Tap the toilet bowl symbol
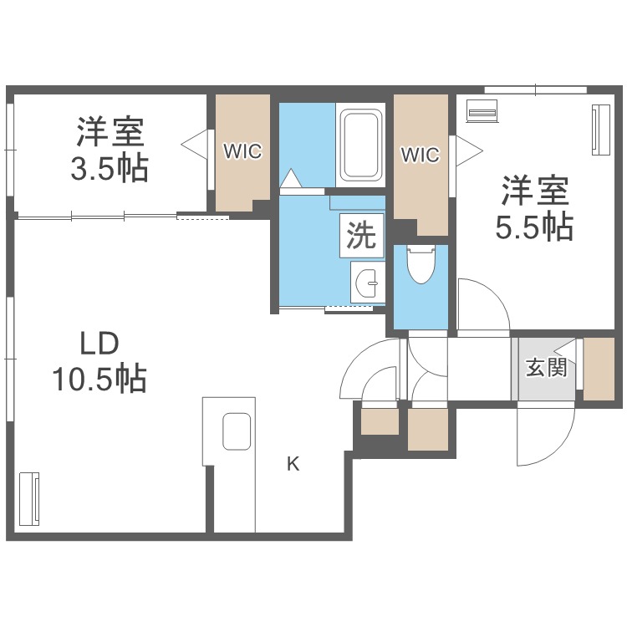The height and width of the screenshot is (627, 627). coord(421,265)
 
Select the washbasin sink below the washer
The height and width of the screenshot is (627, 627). coord(368,283)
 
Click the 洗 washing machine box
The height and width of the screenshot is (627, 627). coord(361,235)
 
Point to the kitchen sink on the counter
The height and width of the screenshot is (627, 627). coord(237,431)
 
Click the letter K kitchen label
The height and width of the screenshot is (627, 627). coord(293,464)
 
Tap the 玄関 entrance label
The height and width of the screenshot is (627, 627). coord(546,367)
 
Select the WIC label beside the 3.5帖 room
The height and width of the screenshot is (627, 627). coord(242,151)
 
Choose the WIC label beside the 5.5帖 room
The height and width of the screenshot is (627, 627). coord(421,155)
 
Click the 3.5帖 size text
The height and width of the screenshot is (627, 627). coord(110,169)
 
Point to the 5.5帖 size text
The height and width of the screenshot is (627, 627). coord(535,227)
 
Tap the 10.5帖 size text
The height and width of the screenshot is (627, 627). coord(99,378)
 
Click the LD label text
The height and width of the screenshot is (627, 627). coord(99,344)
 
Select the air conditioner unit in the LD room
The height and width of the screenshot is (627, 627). coord(29,498)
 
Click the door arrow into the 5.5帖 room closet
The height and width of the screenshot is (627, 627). coord(470,151)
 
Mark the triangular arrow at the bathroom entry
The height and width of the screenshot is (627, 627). coord(291,178)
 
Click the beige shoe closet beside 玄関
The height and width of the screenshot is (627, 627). coord(599,369)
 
